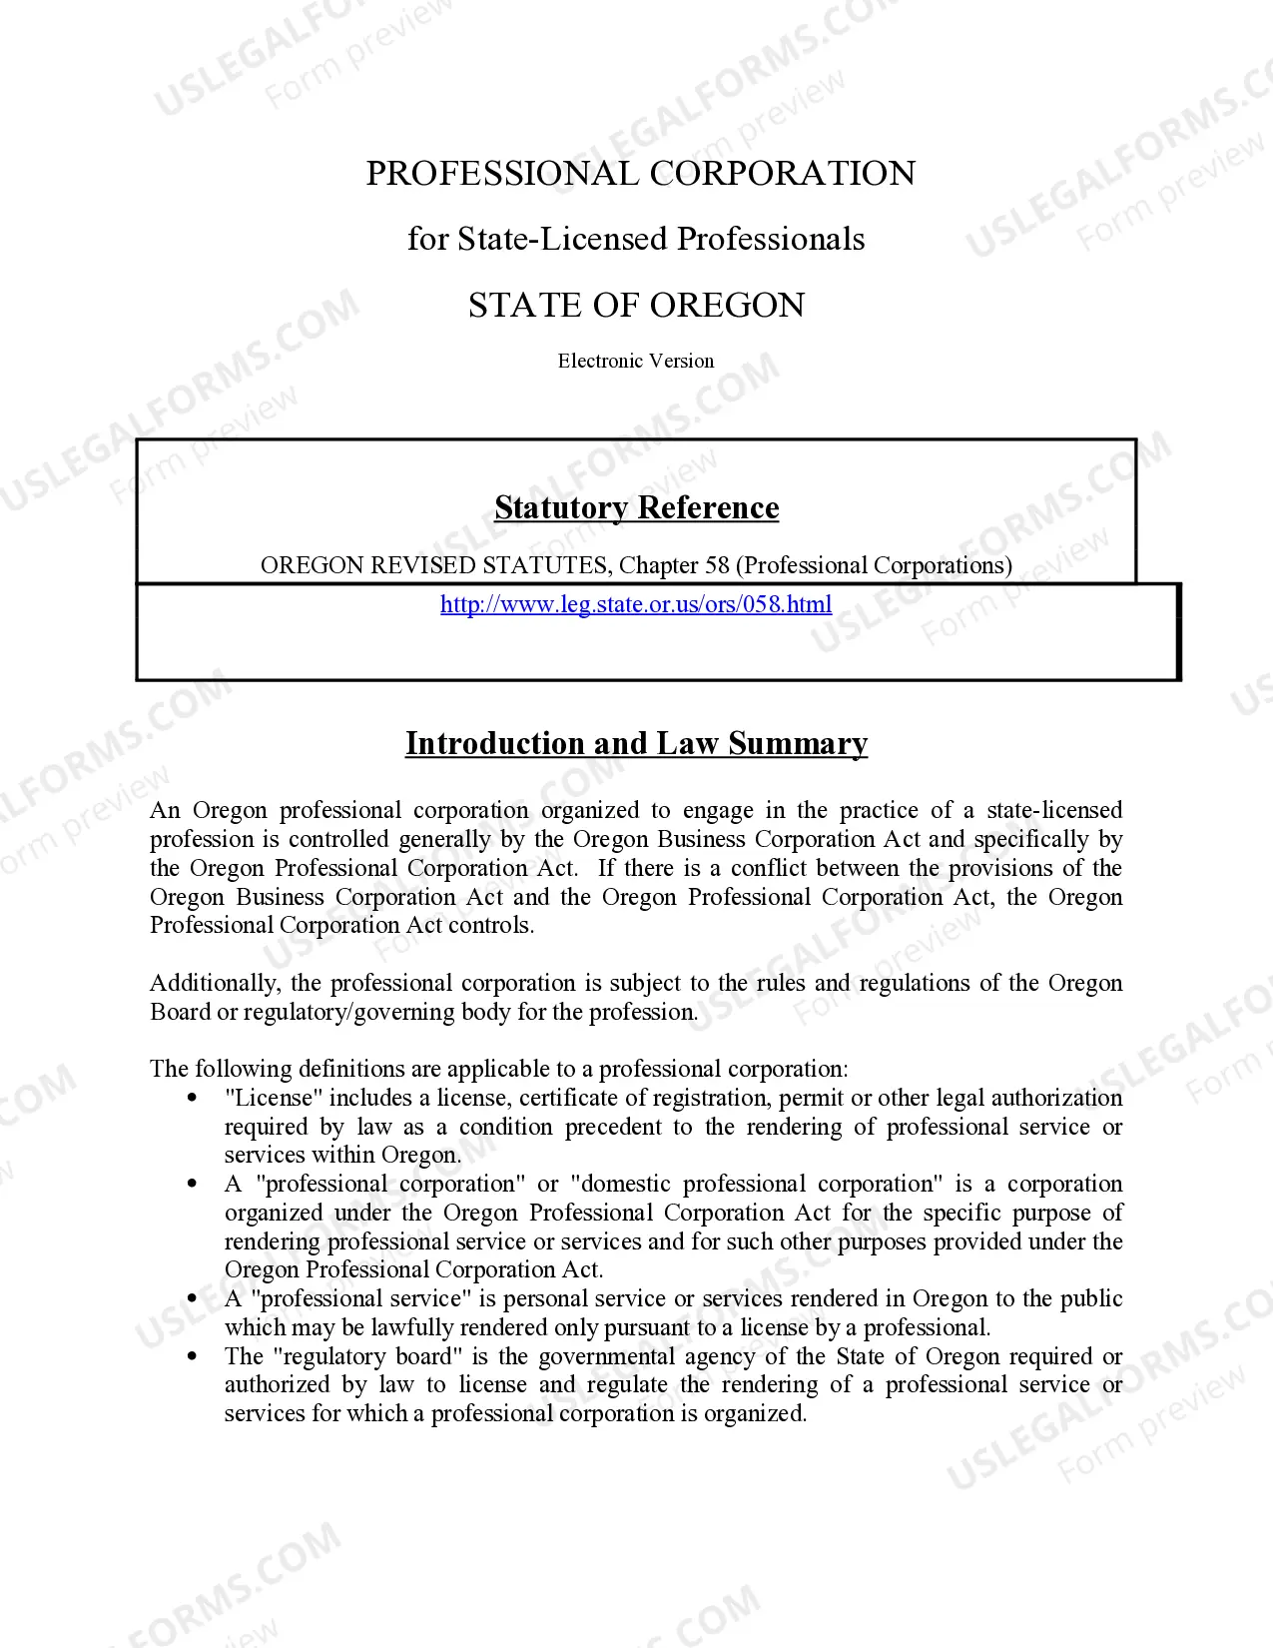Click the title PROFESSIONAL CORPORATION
tap(640, 173)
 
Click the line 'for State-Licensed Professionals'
tap(636, 239)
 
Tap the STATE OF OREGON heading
tap(636, 305)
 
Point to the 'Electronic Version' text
tap(636, 361)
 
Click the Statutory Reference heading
tap(636, 507)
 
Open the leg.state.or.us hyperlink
tap(636, 604)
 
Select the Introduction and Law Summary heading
tap(636, 743)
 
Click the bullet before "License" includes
tap(193, 1098)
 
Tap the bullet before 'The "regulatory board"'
tap(193, 1356)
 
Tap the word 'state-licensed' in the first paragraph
tap(1054, 810)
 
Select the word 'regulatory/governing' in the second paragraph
tap(339, 1012)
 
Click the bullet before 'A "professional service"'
tap(193, 1298)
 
